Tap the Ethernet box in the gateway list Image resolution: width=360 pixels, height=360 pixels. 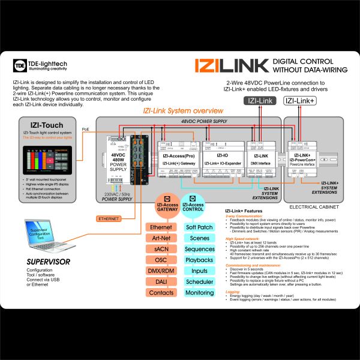click(161, 227)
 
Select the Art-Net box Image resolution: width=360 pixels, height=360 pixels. click(161, 238)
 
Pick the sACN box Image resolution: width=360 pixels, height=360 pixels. click(161, 249)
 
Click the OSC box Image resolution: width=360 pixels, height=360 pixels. click(161, 260)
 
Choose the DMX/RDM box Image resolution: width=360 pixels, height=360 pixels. click(161, 271)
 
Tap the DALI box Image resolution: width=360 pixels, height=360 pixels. click(161, 281)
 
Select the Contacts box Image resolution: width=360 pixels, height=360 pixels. click(161, 292)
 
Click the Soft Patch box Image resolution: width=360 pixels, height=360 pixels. click(200, 227)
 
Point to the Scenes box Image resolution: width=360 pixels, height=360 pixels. click(200, 238)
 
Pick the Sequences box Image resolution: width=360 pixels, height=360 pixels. click(200, 249)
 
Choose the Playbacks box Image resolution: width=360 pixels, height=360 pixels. click(200, 260)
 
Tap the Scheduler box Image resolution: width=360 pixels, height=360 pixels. click(200, 281)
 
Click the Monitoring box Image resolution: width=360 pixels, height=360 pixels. click(200, 292)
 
